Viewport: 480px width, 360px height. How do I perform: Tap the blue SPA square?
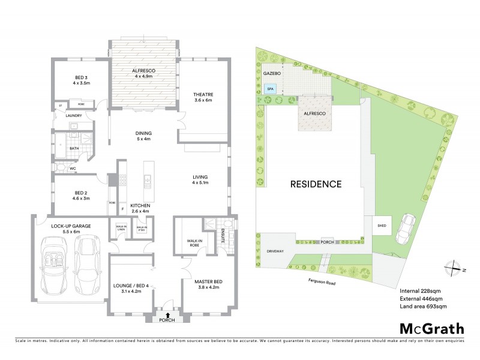point(270,88)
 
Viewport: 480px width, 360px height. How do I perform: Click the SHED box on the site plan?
point(382,227)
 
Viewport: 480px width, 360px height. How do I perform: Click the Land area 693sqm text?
point(423,307)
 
